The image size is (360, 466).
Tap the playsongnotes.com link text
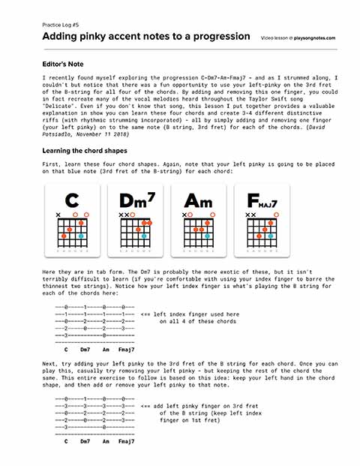(314, 37)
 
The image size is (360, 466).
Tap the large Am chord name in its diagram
(198, 202)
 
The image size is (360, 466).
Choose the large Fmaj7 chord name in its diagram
(260, 202)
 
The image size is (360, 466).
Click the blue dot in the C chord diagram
(80, 236)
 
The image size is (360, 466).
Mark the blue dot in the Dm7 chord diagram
(143, 236)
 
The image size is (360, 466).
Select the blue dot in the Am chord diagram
(206, 236)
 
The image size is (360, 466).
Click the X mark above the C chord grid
(59, 215)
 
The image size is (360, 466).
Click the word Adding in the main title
(62, 36)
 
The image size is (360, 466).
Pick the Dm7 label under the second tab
(85, 441)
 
